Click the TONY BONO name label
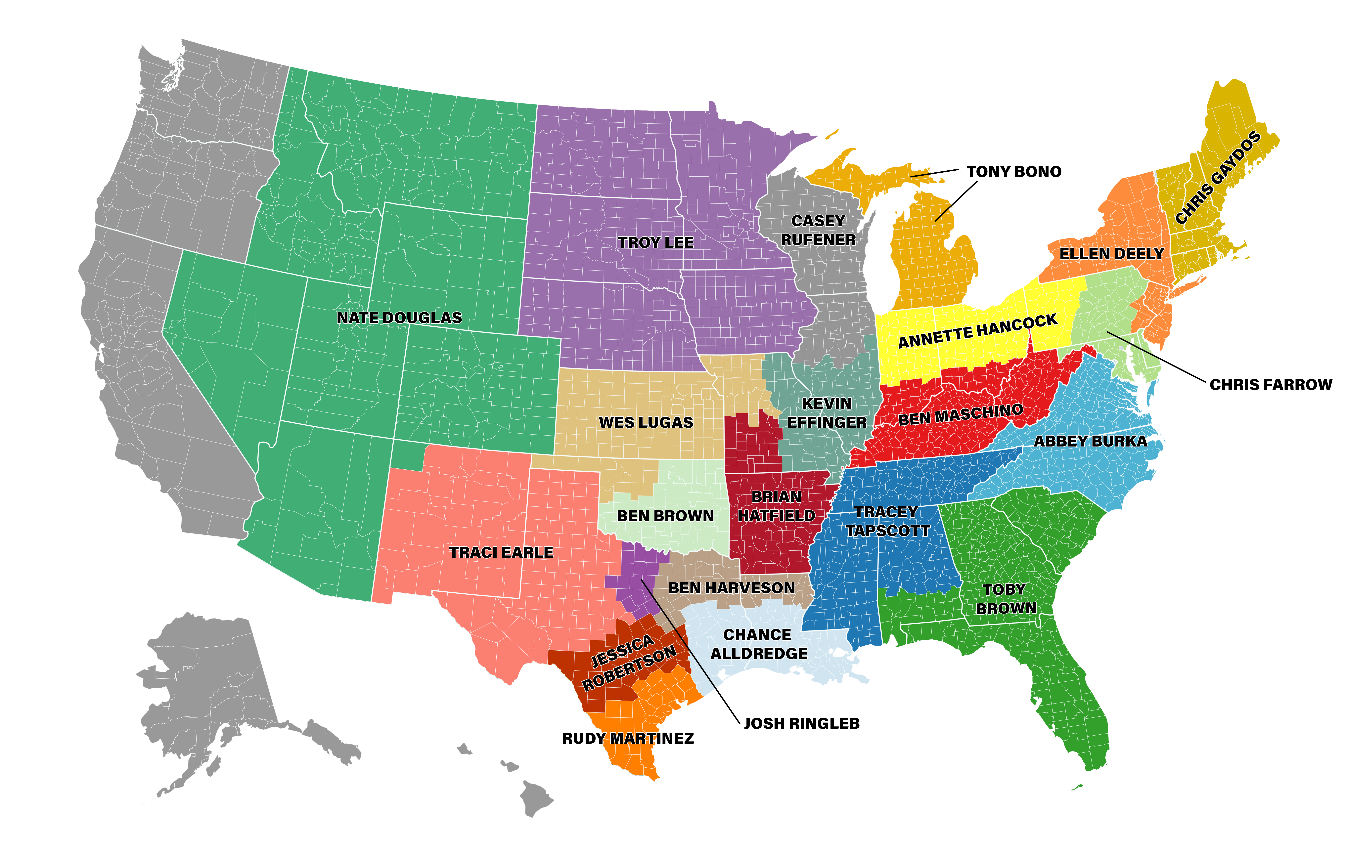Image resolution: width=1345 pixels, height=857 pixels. tap(1014, 172)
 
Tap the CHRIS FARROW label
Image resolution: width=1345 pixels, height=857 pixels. tap(1271, 385)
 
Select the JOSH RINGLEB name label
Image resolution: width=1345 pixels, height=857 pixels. tap(802, 724)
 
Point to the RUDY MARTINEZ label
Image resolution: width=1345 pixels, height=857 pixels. tap(628, 739)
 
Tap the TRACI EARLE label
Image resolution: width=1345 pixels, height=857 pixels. tap(501, 553)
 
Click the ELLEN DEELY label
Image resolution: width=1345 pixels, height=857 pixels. tap(1111, 254)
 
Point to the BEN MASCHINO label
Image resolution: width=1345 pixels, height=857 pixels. tap(961, 414)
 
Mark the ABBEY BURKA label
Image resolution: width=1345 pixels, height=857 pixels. tap(1090, 441)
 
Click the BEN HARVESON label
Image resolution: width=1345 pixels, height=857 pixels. tap(732, 588)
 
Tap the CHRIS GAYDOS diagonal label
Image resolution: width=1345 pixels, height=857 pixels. tap(1218, 178)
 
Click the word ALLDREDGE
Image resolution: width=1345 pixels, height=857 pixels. tap(759, 654)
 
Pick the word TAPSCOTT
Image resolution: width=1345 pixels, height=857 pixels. tap(888, 531)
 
